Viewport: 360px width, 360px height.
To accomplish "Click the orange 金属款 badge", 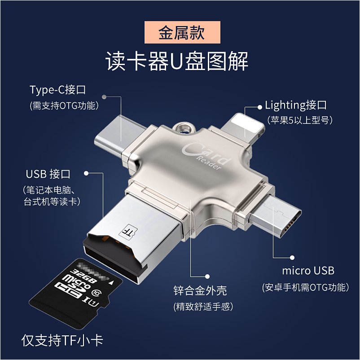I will pos(182,33).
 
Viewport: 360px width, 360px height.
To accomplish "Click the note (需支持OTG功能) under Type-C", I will pos(64,106).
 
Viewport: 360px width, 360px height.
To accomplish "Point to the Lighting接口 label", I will pos(296,105).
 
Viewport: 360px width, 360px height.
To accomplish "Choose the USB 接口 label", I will pos(48,174).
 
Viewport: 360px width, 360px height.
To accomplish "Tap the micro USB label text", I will pos(308,271).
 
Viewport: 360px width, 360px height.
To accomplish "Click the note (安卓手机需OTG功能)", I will pos(305,287).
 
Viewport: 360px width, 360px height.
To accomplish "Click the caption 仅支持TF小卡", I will pos(62,340).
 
